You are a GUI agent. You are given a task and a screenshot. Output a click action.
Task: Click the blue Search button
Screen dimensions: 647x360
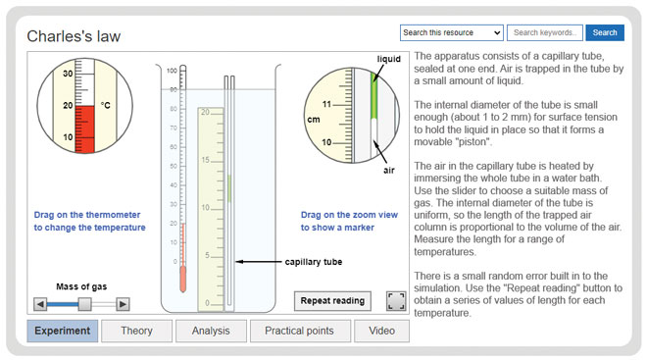pos(605,32)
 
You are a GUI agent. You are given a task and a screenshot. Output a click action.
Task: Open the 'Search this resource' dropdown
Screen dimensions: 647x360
pos(452,32)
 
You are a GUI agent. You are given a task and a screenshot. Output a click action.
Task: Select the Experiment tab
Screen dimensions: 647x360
pos(62,331)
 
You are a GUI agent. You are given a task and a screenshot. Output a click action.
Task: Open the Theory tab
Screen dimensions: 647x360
pos(136,331)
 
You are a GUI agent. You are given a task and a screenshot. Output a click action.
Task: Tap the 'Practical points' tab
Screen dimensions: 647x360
pos(299,331)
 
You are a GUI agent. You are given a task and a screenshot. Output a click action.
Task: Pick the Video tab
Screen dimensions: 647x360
pos(381,331)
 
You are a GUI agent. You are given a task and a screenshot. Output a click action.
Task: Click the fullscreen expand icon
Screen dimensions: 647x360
pos(396,300)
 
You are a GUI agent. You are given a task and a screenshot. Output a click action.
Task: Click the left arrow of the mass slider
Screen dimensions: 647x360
pos(40,304)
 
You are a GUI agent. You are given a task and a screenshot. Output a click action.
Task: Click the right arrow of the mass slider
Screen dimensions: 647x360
pos(124,304)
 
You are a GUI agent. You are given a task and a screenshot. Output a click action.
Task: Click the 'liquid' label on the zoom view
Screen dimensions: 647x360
pos(389,60)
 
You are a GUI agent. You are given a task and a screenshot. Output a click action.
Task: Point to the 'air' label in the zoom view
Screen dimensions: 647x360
pos(389,170)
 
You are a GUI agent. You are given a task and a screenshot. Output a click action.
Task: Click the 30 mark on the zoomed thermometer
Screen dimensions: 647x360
pos(69,74)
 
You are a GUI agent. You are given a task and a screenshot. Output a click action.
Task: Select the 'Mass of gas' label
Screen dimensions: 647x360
pos(81,286)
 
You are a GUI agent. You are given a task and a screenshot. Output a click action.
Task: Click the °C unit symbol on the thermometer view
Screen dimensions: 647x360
pos(105,105)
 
